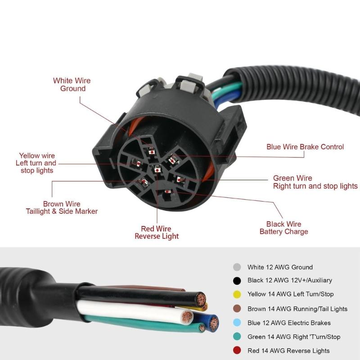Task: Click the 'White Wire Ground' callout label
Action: (x=72, y=85)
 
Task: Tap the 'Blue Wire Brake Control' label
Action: (x=305, y=147)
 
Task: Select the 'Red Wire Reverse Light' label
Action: (x=157, y=233)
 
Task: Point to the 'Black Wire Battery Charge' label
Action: (x=284, y=228)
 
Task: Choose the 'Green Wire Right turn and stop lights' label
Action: (x=315, y=182)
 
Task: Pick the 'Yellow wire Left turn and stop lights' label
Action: (x=36, y=163)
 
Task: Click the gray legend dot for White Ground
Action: (x=237, y=267)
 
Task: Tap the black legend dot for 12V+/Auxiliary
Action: (x=237, y=281)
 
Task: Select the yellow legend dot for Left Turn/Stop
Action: (x=237, y=295)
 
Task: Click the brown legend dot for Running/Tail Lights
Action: (x=237, y=309)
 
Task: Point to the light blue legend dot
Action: (x=237, y=323)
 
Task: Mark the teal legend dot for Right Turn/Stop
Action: (x=237, y=337)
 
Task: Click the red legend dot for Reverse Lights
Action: (x=237, y=351)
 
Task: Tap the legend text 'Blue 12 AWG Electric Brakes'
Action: (x=289, y=323)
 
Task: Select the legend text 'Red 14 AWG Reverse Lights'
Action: (x=288, y=351)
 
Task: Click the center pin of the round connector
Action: (x=157, y=169)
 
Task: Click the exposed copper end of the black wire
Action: (x=200, y=298)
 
